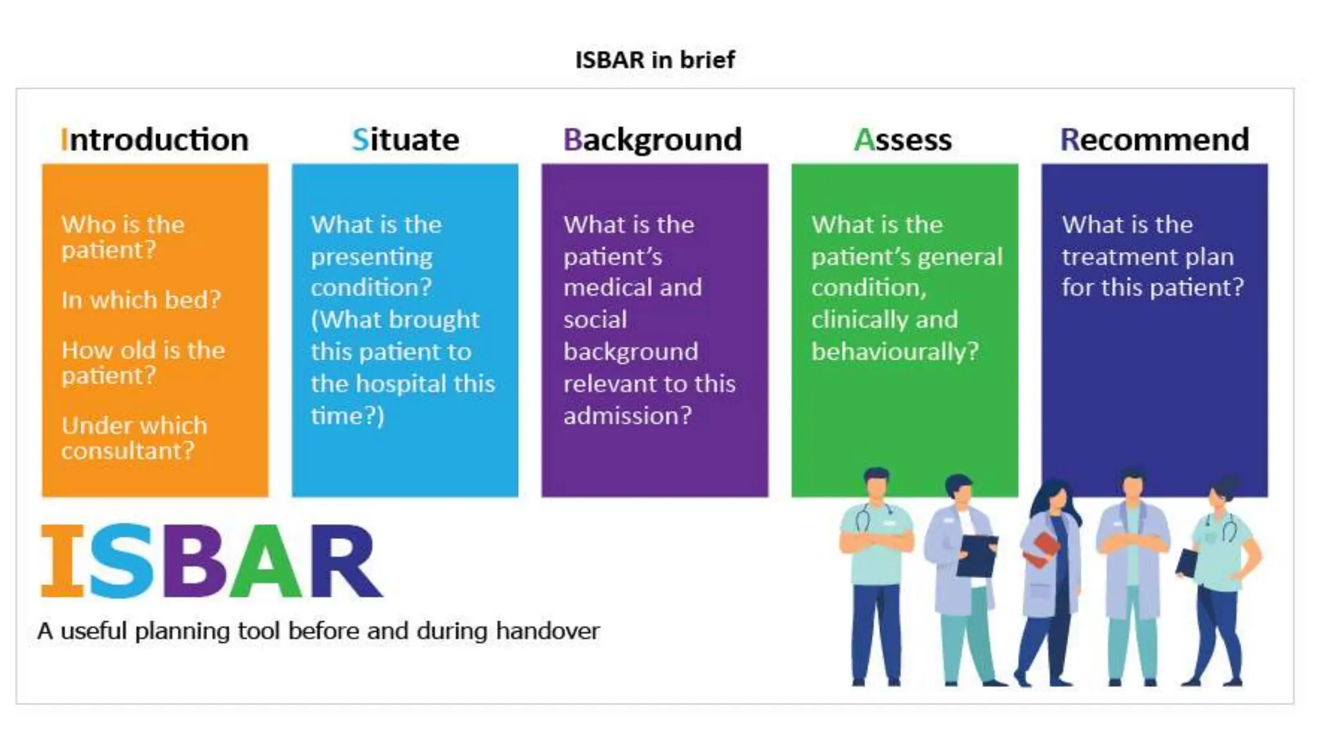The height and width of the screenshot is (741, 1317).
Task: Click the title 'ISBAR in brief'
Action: (x=655, y=60)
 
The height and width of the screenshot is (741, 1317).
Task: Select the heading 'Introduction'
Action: (x=154, y=140)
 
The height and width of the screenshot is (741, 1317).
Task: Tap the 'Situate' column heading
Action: (x=405, y=140)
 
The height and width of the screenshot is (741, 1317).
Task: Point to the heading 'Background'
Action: (x=652, y=140)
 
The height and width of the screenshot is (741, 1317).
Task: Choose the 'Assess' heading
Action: (x=902, y=140)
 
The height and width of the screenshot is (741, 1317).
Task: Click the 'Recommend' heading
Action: (x=1154, y=140)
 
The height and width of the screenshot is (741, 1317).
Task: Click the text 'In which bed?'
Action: (x=141, y=300)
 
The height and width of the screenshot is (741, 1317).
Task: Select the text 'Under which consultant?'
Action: (x=134, y=438)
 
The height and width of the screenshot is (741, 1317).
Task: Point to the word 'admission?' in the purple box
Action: (x=627, y=416)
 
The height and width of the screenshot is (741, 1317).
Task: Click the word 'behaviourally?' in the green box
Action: (x=895, y=352)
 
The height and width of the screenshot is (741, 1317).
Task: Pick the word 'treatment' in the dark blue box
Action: (x=1118, y=257)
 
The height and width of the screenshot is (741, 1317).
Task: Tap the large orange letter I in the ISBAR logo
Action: (x=62, y=561)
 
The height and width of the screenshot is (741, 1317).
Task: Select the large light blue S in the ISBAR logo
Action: (x=122, y=561)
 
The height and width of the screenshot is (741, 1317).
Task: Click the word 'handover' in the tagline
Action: (x=548, y=631)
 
